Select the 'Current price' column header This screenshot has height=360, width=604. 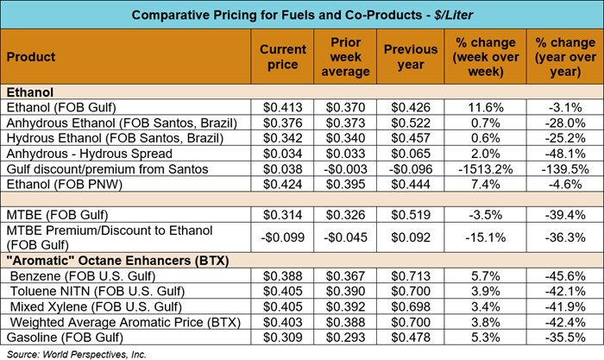point(278,57)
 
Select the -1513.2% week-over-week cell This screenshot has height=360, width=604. point(480,169)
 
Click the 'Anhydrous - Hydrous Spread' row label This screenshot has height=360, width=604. point(78,154)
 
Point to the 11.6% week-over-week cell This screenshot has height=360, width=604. point(480,107)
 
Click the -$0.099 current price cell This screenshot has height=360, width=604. point(278,237)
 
